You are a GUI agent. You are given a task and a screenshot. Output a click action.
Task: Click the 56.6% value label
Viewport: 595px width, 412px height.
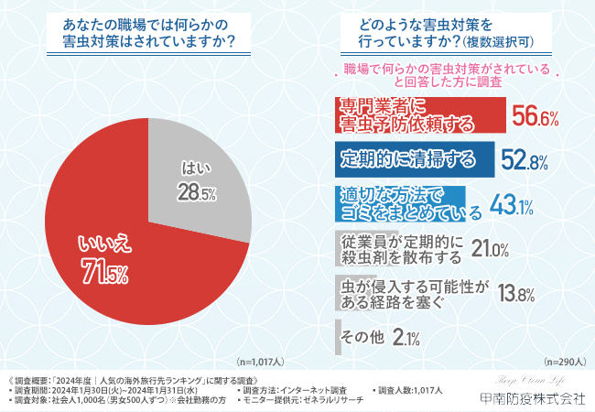pyautogui.click(x=535, y=116)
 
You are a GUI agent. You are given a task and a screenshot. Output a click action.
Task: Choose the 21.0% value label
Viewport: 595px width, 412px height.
pyautogui.click(x=490, y=249)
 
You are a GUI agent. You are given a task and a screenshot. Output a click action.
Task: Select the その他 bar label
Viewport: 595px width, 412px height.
pyautogui.click(x=363, y=338)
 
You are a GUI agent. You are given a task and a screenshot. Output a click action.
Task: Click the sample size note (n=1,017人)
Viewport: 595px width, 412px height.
pyautogui.click(x=261, y=363)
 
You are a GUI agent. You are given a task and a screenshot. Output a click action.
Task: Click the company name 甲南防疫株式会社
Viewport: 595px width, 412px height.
pyautogui.click(x=532, y=398)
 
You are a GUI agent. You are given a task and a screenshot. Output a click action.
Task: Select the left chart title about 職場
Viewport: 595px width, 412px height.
pyautogui.click(x=149, y=33)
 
